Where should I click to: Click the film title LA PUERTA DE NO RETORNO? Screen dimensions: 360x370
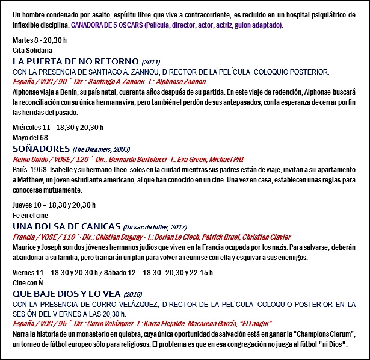(x=75, y=62)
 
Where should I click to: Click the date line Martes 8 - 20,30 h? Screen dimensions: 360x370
(x=39, y=40)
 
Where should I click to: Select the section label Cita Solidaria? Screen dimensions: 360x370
(x=32, y=51)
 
